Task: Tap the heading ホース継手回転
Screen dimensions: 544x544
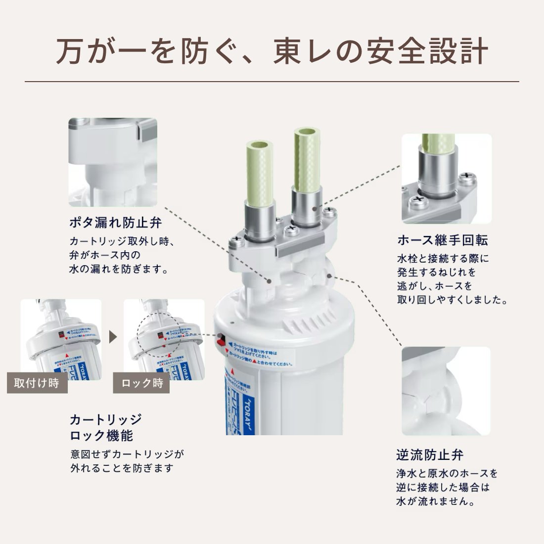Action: [x=442, y=241]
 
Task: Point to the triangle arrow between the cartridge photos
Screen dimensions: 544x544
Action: [x=112, y=338]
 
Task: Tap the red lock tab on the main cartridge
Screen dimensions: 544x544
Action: [x=221, y=340]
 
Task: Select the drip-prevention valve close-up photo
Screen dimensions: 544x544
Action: [x=113, y=162]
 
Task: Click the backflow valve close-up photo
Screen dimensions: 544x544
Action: [x=446, y=391]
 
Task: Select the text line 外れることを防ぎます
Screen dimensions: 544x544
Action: [x=122, y=467]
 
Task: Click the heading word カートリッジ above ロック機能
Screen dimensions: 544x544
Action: [x=106, y=420]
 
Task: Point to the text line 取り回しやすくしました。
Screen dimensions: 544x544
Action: [x=453, y=300]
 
